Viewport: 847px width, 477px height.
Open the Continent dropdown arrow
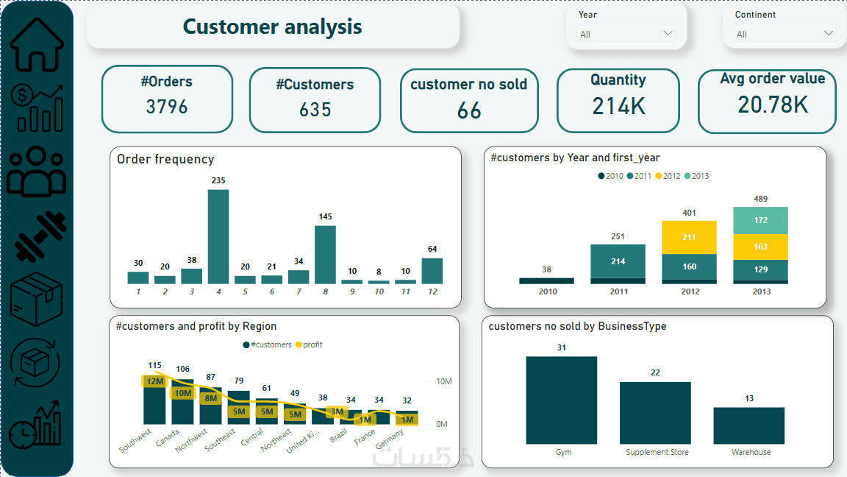(829, 33)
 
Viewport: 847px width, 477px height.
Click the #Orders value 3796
(167, 107)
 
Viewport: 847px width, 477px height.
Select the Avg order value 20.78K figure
(773, 105)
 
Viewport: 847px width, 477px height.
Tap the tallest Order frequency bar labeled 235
(218, 236)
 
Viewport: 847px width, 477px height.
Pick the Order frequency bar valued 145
(325, 254)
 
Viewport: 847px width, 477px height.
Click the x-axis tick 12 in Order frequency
(432, 292)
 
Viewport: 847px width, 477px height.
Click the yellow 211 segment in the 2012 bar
(689, 237)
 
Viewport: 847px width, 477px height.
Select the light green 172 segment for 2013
(760, 220)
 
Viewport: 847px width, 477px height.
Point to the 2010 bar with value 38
(546, 280)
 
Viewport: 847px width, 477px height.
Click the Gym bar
(561, 400)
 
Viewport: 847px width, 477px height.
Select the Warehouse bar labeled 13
(748, 425)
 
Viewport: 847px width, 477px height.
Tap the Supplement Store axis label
(657, 452)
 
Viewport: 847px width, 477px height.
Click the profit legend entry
(308, 344)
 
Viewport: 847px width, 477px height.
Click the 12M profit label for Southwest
(154, 381)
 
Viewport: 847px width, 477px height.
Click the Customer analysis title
(272, 27)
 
